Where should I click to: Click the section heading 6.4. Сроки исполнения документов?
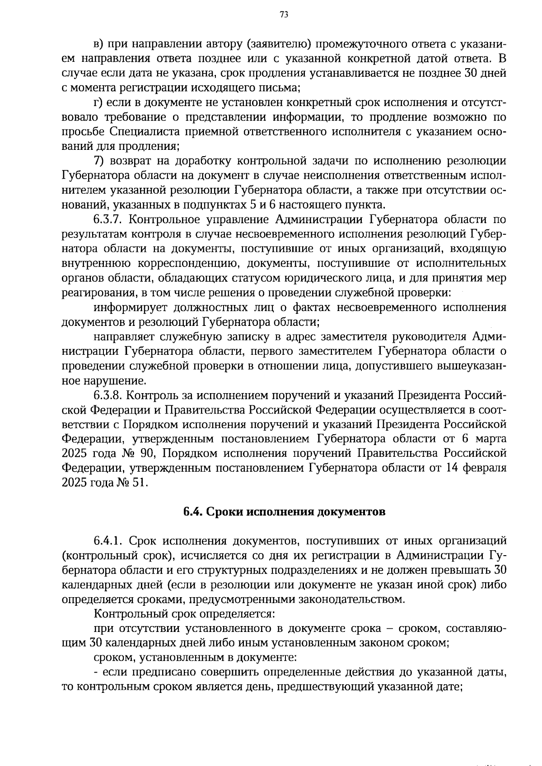(285, 512)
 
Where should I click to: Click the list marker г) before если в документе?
(98, 103)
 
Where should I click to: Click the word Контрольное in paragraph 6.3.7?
(166, 220)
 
